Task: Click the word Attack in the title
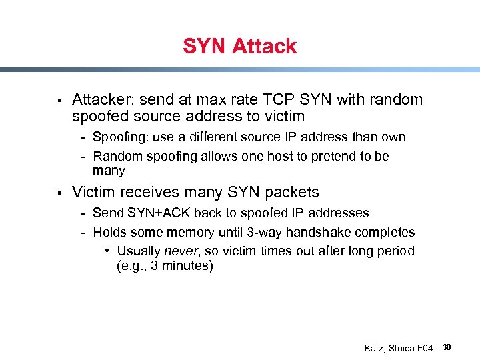265,47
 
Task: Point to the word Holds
109,233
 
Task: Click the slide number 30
447,347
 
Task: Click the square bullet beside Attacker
59,101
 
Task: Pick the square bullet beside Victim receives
59,193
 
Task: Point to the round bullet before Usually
107,251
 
